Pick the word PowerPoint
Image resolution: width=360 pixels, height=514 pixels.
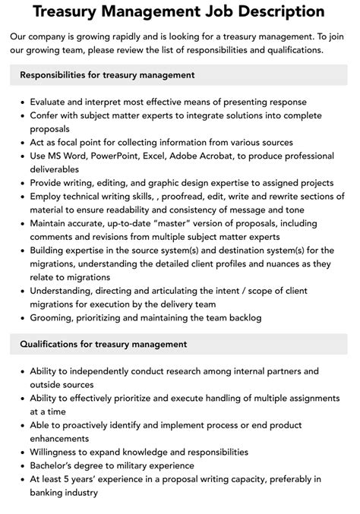click(120, 156)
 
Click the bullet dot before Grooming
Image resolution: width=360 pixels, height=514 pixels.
click(23, 319)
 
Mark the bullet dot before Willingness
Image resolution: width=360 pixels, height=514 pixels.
click(23, 452)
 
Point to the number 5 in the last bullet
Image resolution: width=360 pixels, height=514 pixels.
click(68, 479)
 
